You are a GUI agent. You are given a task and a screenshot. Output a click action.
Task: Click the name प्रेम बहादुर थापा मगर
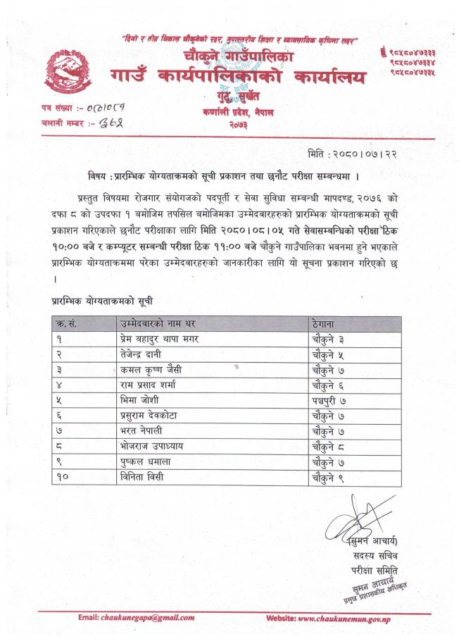158,339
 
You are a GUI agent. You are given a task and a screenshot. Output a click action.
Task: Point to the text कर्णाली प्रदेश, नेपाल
236,113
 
